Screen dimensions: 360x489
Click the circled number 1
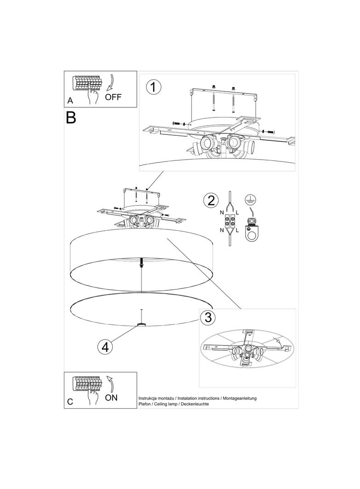click(x=153, y=87)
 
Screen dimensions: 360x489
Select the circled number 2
click(x=211, y=200)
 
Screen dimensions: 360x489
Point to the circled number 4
click(x=105, y=346)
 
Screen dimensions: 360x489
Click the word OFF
click(x=113, y=97)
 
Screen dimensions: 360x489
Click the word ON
click(x=111, y=398)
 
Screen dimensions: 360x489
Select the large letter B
click(x=71, y=117)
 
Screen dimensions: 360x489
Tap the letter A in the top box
click(x=70, y=100)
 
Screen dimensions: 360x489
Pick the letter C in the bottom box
click(x=70, y=402)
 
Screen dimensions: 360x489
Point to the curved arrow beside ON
click(x=110, y=383)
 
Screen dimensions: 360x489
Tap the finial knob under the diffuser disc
click(x=142, y=325)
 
